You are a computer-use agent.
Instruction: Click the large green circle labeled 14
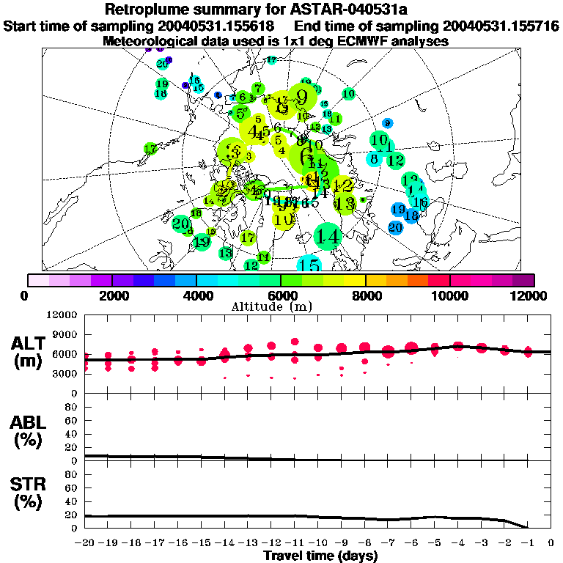[x=328, y=236]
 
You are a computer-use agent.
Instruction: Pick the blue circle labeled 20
[x=395, y=227]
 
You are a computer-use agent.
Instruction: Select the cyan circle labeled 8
[x=374, y=158]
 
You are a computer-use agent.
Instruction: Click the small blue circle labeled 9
[x=387, y=123]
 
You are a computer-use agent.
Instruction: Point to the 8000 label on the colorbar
[x=365, y=295]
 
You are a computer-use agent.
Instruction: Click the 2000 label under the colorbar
[x=111, y=295]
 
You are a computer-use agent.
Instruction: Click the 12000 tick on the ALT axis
[x=62, y=315]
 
